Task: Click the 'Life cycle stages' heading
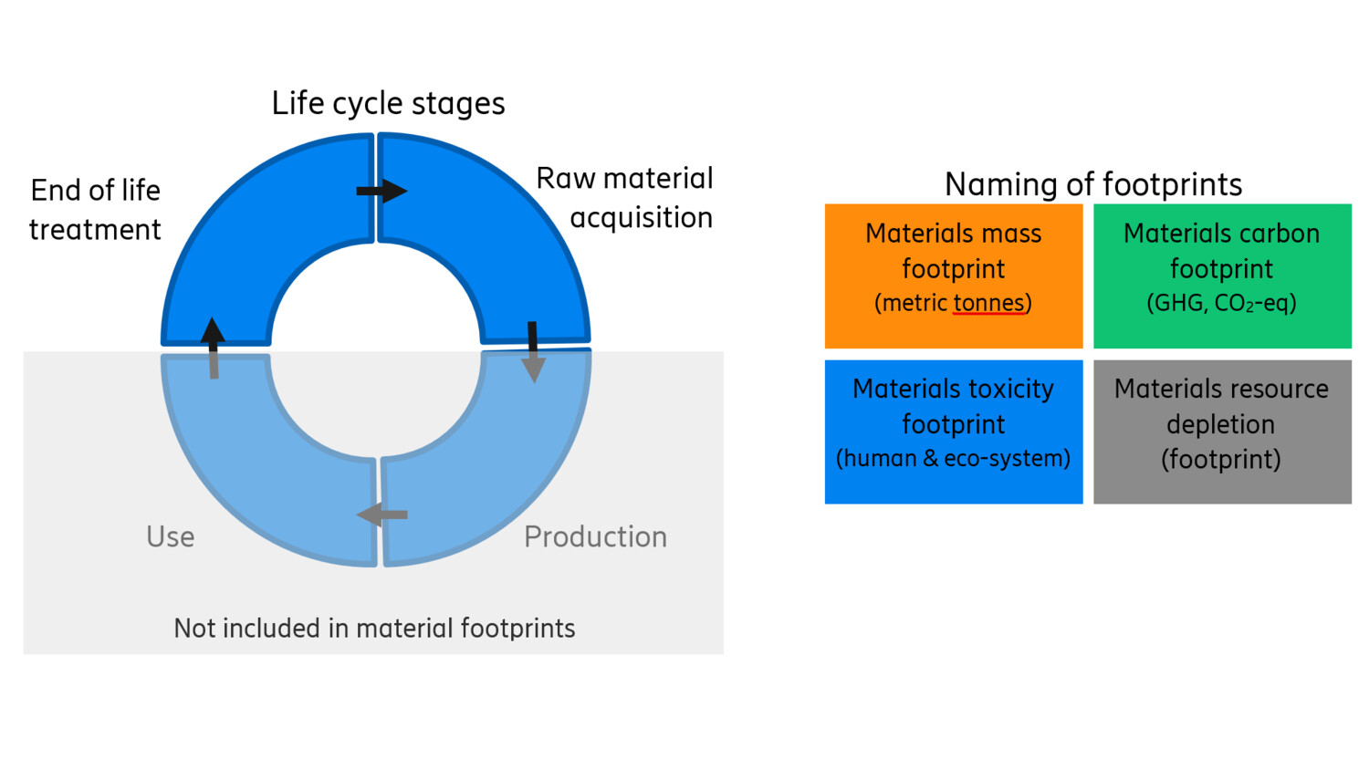[x=388, y=103]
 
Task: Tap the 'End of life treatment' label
[x=95, y=210]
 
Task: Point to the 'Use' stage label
[x=171, y=536]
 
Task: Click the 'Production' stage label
[x=595, y=536]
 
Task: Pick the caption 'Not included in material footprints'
[x=374, y=629]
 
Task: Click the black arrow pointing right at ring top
[x=381, y=191]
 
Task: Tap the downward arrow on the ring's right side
[x=533, y=352]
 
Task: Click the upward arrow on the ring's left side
[x=213, y=348]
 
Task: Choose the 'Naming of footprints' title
[x=1092, y=184]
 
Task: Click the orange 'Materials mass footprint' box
[x=954, y=276]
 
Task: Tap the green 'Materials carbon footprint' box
[x=1222, y=276]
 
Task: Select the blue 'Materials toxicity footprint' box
[x=954, y=432]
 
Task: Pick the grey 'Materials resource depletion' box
[x=1222, y=432]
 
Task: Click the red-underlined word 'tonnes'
[x=988, y=303]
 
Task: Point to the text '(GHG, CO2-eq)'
[x=1221, y=303]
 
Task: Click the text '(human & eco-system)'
[x=954, y=458]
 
